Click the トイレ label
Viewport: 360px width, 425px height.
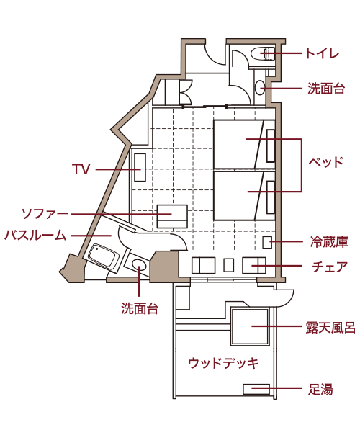pos(323,53)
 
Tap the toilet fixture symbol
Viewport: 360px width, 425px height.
pos(264,53)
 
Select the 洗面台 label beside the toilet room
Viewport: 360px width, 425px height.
pos(326,89)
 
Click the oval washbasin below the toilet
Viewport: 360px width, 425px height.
pos(260,88)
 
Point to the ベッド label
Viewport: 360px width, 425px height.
pos(326,162)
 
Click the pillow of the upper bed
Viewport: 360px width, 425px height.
pos(270,146)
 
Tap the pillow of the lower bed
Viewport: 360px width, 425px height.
pos(270,197)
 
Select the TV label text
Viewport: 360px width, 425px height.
pos(81,169)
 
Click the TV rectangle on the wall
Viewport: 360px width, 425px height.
pos(140,167)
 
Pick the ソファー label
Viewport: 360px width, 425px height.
pos(45,214)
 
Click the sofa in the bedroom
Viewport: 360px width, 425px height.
pos(172,216)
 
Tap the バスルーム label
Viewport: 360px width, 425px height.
pos(35,236)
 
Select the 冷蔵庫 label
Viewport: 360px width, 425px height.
pos(329,242)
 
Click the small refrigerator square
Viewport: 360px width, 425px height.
pos(267,242)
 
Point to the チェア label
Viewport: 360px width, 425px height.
pos(330,267)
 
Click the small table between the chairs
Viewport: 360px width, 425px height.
pos(229,265)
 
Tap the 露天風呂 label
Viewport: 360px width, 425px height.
pos(330,328)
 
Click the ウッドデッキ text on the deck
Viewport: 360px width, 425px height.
pos(223,363)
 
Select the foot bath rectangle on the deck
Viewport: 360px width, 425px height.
pos(256,389)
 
